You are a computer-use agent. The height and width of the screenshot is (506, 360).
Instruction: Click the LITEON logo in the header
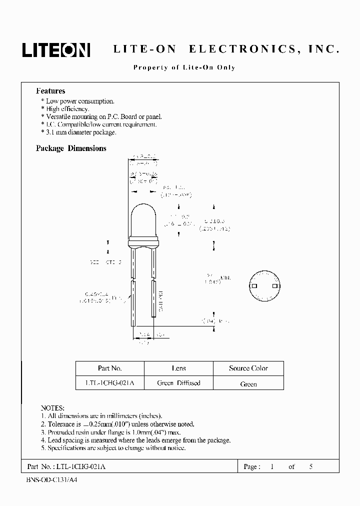55,49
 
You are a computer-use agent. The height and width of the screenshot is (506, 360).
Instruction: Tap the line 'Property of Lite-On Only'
184,67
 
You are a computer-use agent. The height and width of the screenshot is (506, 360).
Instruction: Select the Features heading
50,91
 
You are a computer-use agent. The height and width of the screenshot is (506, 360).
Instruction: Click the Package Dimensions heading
71,148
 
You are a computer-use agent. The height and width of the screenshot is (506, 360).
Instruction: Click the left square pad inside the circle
254,286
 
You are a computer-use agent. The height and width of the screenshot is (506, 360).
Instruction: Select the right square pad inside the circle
274,286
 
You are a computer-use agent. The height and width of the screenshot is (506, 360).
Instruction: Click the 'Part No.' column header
110,368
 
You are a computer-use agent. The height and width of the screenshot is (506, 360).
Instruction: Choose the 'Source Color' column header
248,368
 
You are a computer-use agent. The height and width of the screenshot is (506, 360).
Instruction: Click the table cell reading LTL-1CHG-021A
110,383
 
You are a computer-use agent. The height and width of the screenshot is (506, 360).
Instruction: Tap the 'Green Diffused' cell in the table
178,383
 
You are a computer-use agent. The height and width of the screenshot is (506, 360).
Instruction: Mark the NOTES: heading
52,408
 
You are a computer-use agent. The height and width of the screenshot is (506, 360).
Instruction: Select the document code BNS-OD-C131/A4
52,479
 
